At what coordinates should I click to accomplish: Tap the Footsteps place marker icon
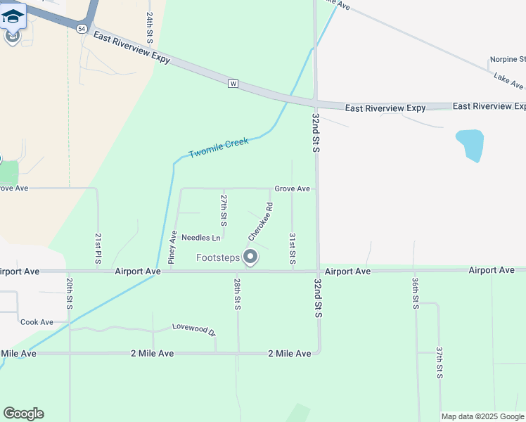click(x=250, y=257)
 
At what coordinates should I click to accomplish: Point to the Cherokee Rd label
click(x=259, y=222)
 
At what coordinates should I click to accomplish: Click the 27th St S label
click(x=224, y=210)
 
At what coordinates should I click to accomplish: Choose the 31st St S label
click(x=292, y=249)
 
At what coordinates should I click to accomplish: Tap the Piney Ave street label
click(x=172, y=247)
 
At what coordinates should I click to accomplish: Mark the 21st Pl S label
click(x=98, y=245)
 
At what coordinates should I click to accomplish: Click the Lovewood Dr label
click(x=193, y=328)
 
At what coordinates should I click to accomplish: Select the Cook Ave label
click(x=37, y=322)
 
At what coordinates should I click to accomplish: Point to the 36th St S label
click(x=416, y=293)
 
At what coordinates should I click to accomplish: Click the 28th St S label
click(x=238, y=294)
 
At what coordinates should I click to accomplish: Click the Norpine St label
click(x=506, y=60)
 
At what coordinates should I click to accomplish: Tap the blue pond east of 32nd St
click(x=470, y=143)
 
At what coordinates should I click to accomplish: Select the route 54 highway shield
click(x=83, y=27)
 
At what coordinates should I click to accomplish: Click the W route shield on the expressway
click(x=233, y=84)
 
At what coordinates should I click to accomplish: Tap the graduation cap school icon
click(x=13, y=15)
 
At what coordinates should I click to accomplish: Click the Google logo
click(x=23, y=414)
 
